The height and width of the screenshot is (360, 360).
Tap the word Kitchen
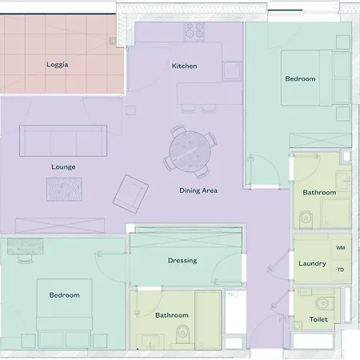click(184, 66)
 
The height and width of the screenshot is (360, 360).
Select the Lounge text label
click(63, 167)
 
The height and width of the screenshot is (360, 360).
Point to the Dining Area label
click(198, 190)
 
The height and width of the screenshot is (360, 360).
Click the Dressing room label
click(182, 261)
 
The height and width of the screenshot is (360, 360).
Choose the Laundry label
click(312, 263)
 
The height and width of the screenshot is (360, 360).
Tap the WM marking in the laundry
click(340, 249)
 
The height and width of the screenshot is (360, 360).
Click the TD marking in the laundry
click(340, 270)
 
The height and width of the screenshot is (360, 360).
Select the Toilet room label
click(318, 319)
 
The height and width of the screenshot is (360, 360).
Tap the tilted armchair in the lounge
click(130, 191)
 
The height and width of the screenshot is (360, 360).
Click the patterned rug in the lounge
click(63, 190)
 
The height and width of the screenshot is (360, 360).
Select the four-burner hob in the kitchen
click(195, 31)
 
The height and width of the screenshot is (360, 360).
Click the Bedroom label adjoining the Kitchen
click(300, 78)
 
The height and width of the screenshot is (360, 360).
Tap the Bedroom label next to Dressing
click(65, 295)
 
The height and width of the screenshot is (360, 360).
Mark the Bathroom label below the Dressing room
click(171, 315)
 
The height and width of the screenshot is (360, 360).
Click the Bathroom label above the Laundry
click(319, 193)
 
